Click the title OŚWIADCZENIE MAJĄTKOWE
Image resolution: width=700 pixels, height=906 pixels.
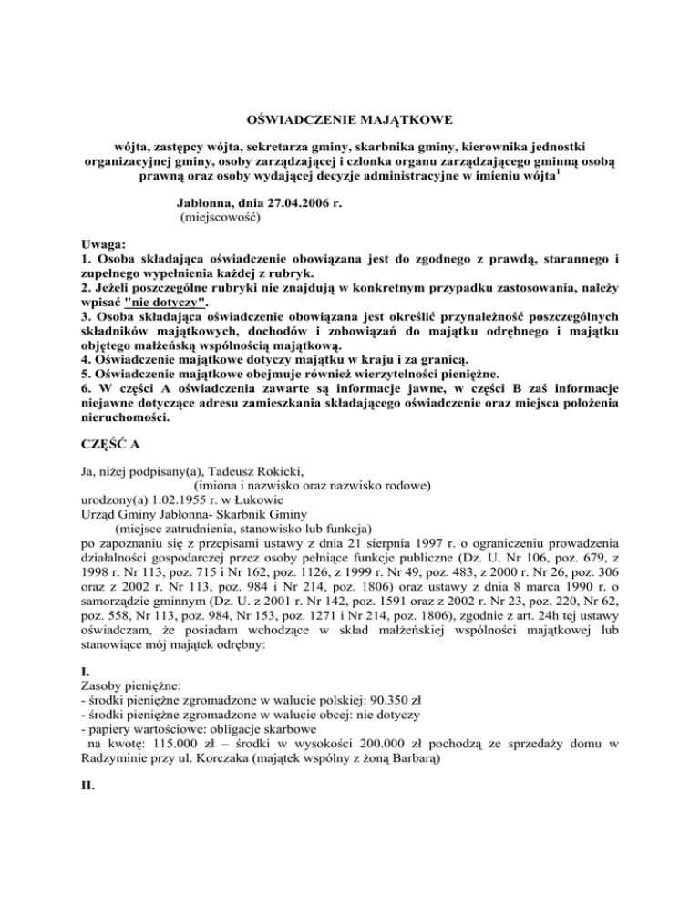350,118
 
